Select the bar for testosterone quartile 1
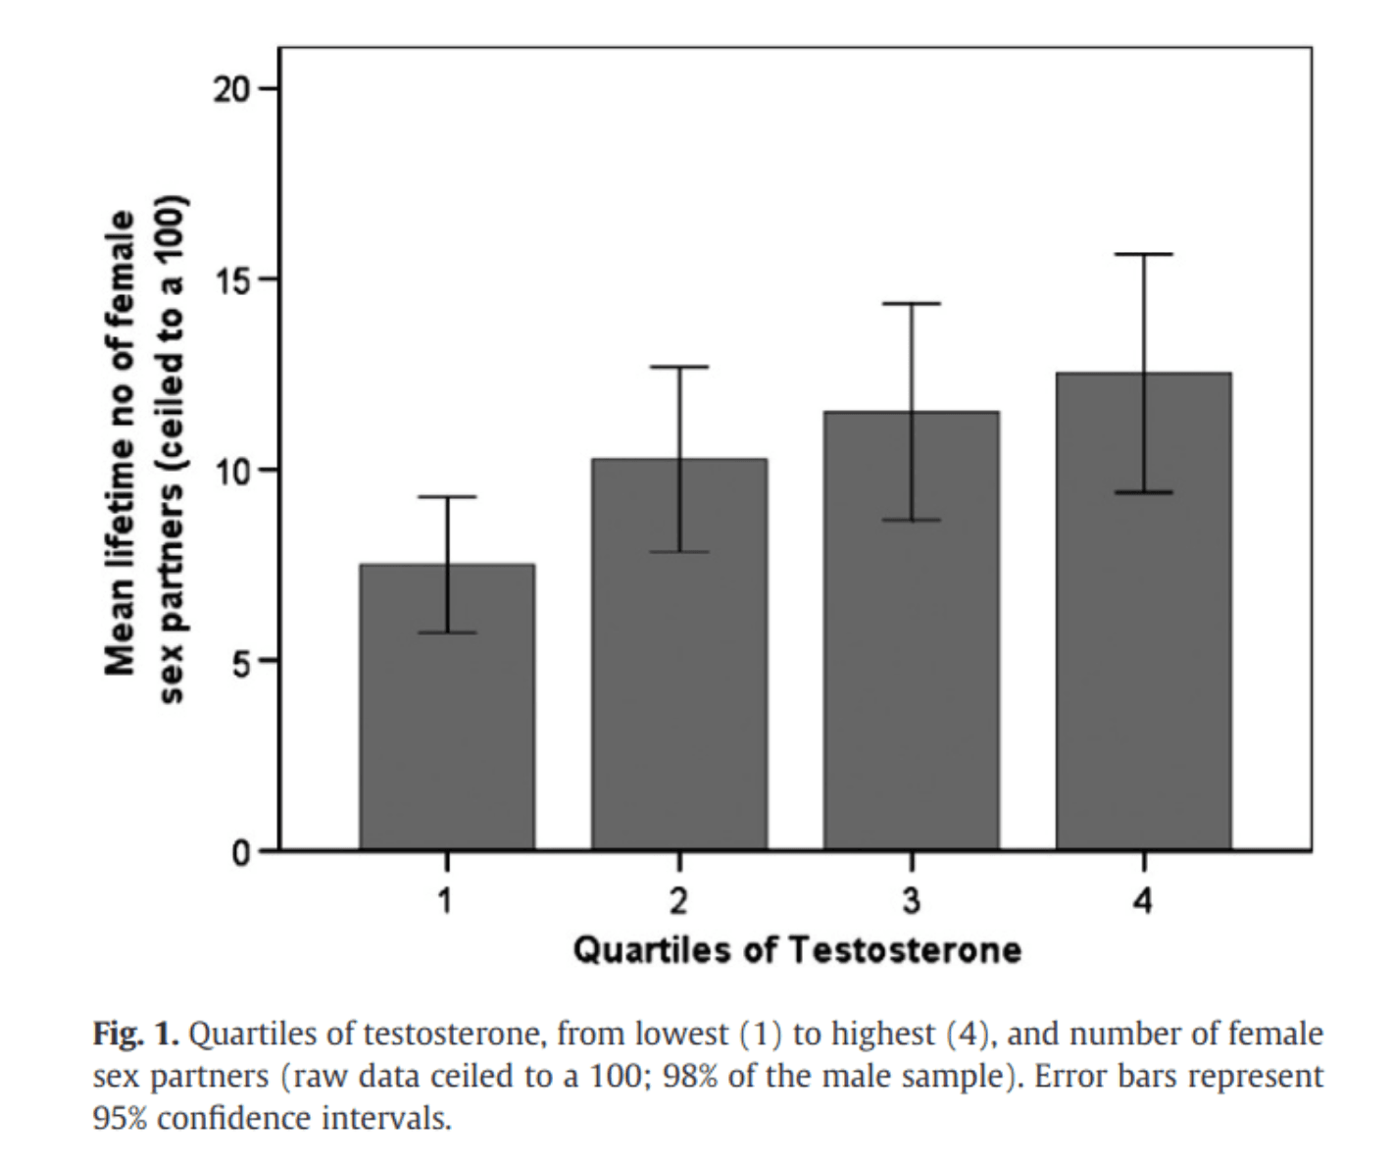tap(447, 707)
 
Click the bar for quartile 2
tap(679, 654)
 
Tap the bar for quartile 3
tap(912, 631)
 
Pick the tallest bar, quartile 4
tap(1144, 612)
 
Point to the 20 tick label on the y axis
tap(231, 89)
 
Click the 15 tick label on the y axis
tap(231, 279)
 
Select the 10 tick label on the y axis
tap(231, 470)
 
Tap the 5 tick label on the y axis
tap(241, 661)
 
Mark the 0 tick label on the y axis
tap(241, 851)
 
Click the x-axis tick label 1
tap(445, 900)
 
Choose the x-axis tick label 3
tap(912, 900)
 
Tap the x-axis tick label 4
tap(1143, 900)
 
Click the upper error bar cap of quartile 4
tap(1144, 254)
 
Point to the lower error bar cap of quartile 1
tap(447, 632)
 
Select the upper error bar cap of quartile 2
tap(679, 367)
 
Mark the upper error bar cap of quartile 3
tap(912, 303)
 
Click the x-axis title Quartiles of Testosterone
tap(797, 949)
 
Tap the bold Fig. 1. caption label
tap(135, 1035)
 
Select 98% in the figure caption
tap(690, 1077)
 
